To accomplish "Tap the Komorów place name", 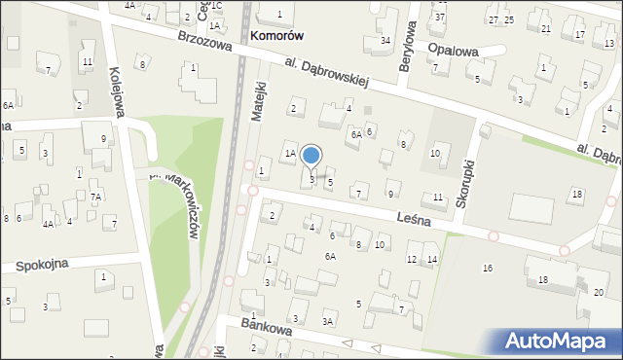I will (x=276, y=35).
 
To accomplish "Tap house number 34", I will (x=385, y=41).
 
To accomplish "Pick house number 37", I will (x=440, y=18).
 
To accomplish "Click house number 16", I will (x=488, y=268).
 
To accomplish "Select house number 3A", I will (x=329, y=321).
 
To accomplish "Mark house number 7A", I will (x=95, y=198).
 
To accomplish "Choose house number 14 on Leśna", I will (x=432, y=259).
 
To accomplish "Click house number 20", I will (x=598, y=293).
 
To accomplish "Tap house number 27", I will (x=494, y=20).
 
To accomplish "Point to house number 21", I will (x=545, y=28).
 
